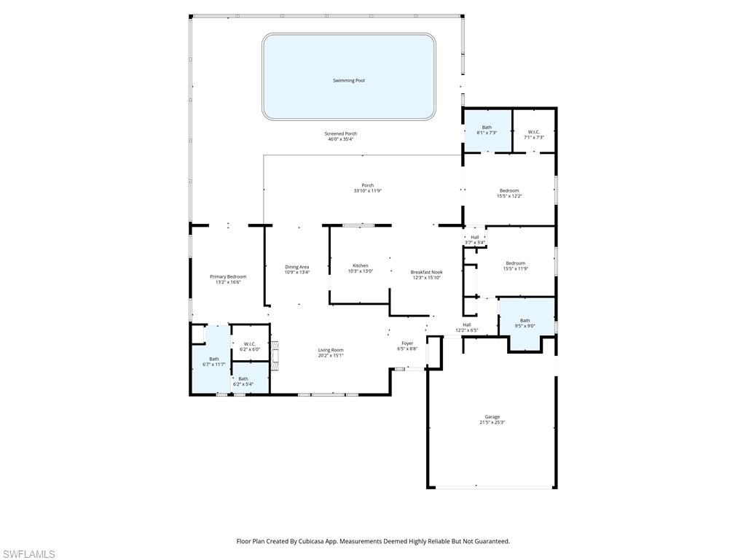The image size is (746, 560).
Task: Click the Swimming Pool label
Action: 348,80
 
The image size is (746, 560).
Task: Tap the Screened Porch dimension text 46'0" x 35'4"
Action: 340,139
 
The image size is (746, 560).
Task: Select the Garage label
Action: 492,417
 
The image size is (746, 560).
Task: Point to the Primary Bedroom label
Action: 227,276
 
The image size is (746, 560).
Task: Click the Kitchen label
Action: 361,265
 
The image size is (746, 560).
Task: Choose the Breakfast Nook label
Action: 426,272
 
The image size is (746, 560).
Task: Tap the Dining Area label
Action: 297,267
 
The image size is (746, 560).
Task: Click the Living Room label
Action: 330,350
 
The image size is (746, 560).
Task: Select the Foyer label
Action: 407,343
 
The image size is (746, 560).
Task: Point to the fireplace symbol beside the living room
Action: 275,356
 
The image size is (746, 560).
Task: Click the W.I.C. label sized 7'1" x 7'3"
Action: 534,132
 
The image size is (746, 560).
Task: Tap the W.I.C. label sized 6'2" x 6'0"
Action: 249,344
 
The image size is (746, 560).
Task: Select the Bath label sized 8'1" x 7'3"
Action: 487,128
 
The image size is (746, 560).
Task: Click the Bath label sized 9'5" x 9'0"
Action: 525,321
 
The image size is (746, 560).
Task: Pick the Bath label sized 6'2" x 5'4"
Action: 243,378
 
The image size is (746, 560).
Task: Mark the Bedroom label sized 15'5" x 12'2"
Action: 509,190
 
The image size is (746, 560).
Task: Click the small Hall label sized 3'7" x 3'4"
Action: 474,237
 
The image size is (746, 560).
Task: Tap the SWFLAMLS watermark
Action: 28,554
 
